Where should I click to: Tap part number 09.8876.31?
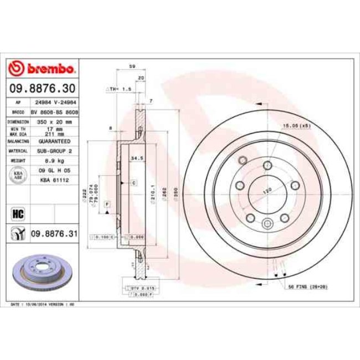coord(53,234)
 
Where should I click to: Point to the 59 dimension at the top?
coord(132,67)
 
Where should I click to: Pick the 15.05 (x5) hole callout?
coord(297,126)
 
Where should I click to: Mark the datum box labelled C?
coord(133,182)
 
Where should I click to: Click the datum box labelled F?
coord(107,205)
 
